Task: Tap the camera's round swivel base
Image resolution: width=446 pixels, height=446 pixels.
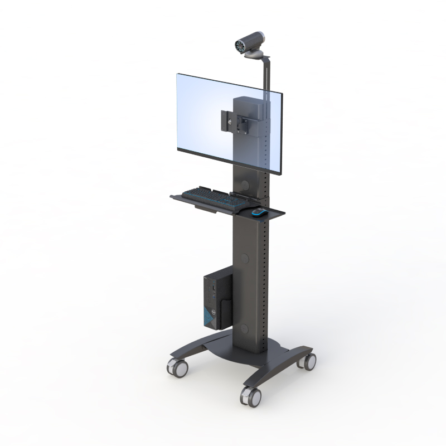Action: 258,55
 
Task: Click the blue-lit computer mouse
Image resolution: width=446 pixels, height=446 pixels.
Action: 258,212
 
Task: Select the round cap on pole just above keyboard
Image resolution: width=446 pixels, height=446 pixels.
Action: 245,185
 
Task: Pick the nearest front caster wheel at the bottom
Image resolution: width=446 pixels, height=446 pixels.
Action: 251,396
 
